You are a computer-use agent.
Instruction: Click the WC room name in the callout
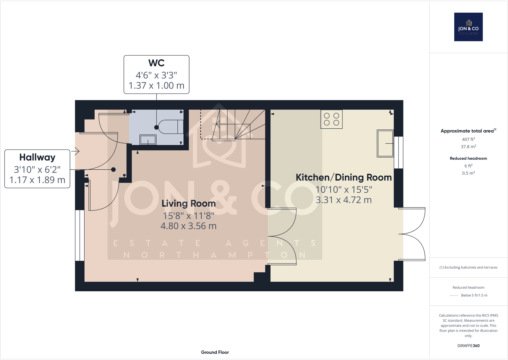[156, 63]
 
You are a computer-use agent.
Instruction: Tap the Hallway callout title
[37, 157]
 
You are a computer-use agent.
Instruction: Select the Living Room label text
[189, 203]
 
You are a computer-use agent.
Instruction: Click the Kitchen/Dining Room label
[343, 177]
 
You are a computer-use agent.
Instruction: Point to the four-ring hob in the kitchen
[331, 119]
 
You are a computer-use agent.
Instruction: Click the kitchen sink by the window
[385, 143]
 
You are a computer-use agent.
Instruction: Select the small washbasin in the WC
[148, 140]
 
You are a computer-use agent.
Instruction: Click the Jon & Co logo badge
[468, 27]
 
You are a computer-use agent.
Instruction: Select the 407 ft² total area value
[468, 139]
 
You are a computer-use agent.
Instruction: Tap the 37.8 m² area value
[468, 147]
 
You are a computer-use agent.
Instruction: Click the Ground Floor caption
[215, 352]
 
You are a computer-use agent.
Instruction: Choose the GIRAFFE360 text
[468, 346]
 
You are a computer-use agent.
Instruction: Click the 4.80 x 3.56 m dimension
[189, 226]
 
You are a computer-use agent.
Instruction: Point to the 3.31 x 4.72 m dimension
[343, 200]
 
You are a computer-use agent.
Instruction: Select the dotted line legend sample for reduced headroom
[454, 295]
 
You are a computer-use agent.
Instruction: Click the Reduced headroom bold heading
[468, 158]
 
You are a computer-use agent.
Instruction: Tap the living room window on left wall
[80, 235]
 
